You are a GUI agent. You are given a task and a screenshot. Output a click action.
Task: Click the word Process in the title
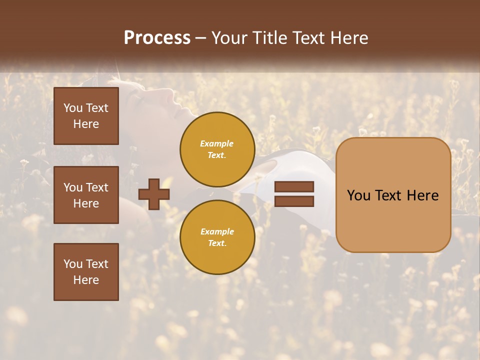[157, 38]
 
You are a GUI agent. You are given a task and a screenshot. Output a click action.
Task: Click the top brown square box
[86, 116]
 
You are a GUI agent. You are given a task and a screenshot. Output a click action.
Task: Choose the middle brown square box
[86, 195]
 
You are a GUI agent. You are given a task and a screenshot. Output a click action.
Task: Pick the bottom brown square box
[86, 271]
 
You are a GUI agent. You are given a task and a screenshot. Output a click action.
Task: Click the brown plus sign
[154, 194]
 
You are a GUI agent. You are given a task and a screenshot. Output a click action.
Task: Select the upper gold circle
[217, 149]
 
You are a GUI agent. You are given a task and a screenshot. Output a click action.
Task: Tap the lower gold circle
[217, 237]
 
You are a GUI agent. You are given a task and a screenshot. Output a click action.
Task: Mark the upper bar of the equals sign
[294, 187]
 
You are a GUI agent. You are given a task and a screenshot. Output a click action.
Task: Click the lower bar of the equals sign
[294, 201]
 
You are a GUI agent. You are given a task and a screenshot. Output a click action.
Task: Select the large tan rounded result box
[393, 195]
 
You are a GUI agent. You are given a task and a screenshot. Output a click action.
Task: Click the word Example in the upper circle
[217, 143]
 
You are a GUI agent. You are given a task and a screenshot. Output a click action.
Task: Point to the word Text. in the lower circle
[217, 243]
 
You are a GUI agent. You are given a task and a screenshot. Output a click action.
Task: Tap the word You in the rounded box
[358, 195]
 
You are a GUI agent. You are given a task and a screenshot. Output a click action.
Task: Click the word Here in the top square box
[86, 124]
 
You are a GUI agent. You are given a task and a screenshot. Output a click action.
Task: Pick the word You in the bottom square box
[73, 264]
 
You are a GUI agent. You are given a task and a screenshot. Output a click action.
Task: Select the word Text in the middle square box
[97, 187]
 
